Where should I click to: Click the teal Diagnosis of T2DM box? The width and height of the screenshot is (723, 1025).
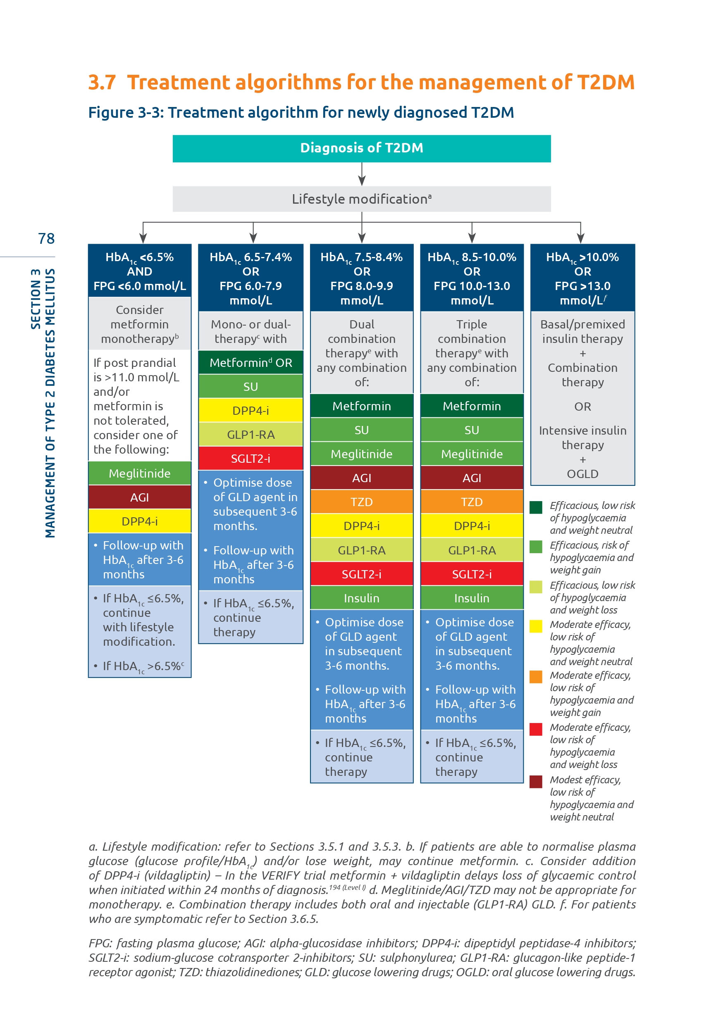361,148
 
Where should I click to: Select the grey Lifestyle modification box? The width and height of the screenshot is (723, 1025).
361,199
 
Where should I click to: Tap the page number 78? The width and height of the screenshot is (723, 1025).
46,239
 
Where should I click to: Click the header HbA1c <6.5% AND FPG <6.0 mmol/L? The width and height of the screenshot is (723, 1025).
139,271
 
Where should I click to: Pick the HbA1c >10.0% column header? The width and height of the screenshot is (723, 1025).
582,278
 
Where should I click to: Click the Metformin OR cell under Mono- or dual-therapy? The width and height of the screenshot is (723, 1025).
251,362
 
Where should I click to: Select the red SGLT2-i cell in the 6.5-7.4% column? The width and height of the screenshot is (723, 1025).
251,459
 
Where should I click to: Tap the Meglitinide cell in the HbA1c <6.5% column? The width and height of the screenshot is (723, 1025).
139,473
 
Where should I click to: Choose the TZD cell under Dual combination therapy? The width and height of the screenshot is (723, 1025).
361,502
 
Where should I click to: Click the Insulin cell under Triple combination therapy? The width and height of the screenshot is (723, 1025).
472,598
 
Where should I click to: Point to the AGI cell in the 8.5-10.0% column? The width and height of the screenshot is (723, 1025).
472,478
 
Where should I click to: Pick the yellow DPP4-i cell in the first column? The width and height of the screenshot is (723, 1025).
139,521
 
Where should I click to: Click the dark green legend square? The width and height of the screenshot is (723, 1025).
536,507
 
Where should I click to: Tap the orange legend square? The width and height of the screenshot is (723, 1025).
536,677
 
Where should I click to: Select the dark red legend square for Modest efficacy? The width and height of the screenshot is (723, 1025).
536,781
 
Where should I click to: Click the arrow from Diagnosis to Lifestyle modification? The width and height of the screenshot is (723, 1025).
362,174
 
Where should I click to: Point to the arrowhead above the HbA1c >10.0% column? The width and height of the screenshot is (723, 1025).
580,238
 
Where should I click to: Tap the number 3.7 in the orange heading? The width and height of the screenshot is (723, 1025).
102,83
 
